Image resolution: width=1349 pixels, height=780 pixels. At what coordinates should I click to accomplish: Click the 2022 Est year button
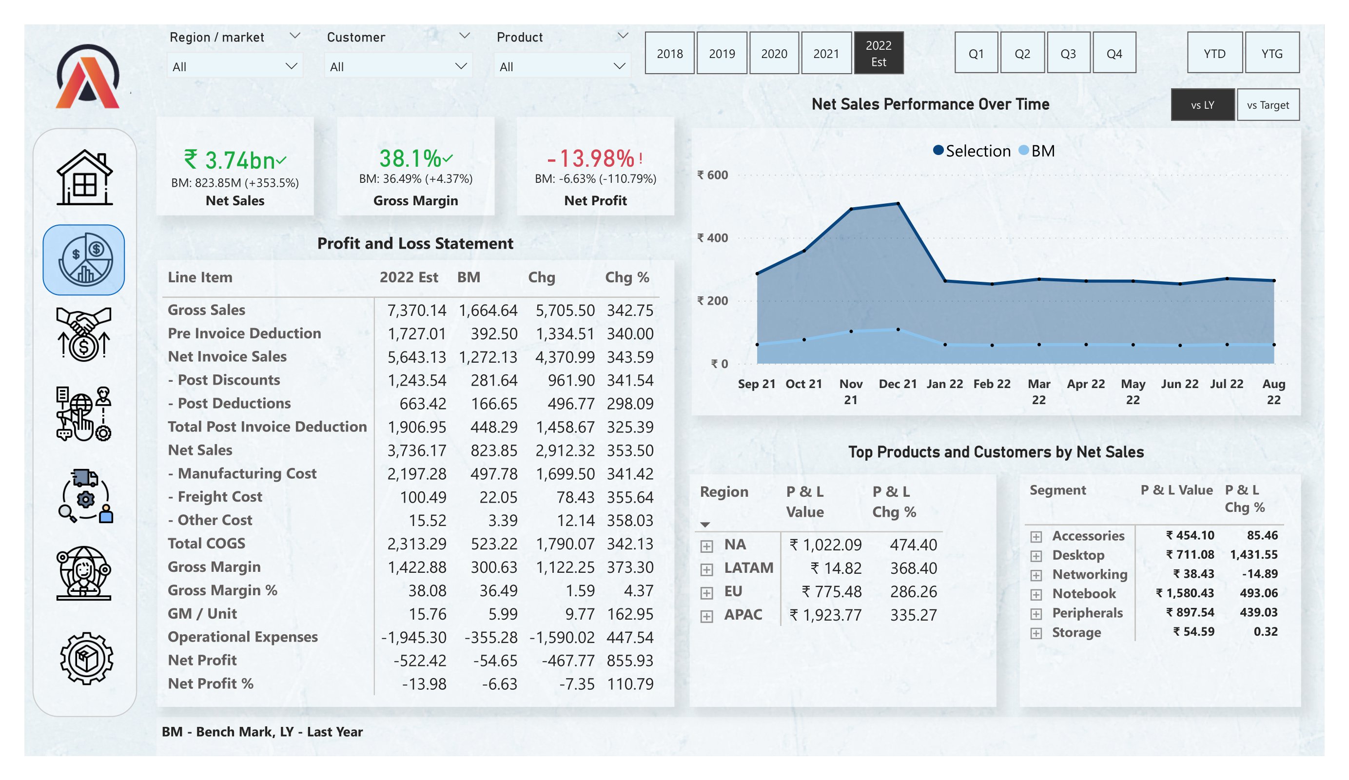pyautogui.click(x=879, y=53)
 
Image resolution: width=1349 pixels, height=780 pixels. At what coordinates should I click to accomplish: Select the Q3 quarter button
pyautogui.click(x=1068, y=53)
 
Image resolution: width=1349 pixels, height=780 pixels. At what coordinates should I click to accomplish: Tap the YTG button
pyautogui.click(x=1271, y=53)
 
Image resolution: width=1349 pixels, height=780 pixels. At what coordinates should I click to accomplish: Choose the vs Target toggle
pyautogui.click(x=1268, y=105)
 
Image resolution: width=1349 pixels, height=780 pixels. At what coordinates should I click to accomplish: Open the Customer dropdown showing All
pyautogui.click(x=398, y=66)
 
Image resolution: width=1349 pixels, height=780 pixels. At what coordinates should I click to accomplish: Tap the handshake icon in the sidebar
pyautogui.click(x=83, y=334)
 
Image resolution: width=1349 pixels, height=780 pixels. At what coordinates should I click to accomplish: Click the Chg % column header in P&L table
pyautogui.click(x=627, y=277)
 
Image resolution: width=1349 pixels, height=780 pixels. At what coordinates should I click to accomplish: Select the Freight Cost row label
pyautogui.click(x=219, y=497)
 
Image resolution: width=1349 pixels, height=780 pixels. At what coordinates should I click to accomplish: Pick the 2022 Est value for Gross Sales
pyautogui.click(x=416, y=310)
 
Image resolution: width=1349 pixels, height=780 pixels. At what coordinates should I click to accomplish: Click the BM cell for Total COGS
pyautogui.click(x=493, y=544)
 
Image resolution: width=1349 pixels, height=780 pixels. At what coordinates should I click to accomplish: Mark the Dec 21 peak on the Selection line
pyautogui.click(x=898, y=203)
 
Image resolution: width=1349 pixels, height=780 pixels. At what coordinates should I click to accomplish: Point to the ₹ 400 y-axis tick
pyautogui.click(x=712, y=238)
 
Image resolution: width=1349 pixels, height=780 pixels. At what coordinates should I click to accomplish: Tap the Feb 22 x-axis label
pyautogui.click(x=992, y=384)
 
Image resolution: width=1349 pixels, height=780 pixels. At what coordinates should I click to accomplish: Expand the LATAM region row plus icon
pyautogui.click(x=706, y=569)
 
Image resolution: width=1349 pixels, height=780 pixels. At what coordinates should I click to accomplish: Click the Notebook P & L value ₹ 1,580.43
pyautogui.click(x=1184, y=593)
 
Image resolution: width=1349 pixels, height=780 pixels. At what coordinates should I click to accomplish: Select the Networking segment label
pyautogui.click(x=1089, y=574)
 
